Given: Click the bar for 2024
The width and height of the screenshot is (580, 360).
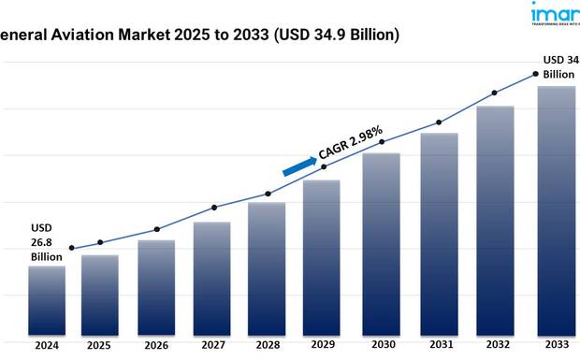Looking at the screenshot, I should coord(46,301).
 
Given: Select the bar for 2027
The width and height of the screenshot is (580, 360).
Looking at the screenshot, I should coord(211,279).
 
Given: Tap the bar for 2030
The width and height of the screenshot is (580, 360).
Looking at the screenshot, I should coord(381,244).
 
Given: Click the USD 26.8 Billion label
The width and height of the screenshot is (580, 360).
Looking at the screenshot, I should coord(46,242).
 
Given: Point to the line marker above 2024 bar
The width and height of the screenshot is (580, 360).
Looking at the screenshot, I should coord(71,249).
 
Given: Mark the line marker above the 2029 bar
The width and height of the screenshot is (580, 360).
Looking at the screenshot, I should coord(324,166).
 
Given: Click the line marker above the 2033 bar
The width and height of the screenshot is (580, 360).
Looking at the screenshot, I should coord(536,74).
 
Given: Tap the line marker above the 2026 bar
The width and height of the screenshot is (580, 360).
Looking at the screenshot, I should coord(156,229).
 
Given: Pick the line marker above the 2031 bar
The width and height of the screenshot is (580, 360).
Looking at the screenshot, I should coord(439,122).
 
